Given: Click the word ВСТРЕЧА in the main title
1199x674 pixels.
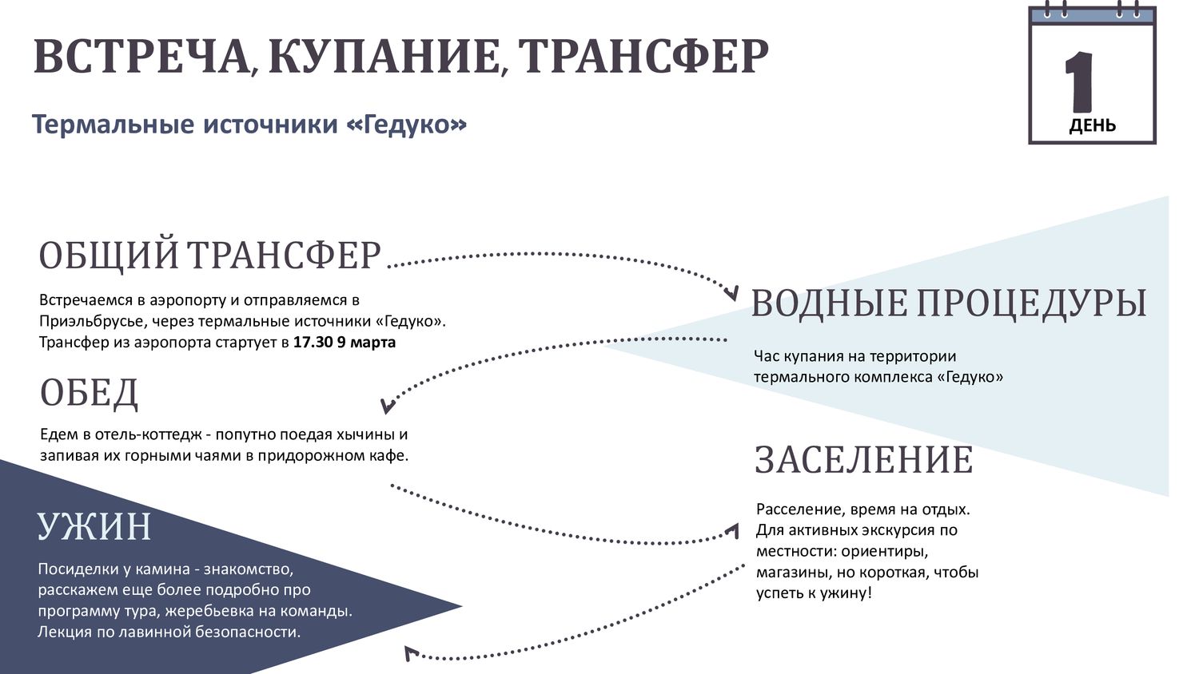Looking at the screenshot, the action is coord(140,56).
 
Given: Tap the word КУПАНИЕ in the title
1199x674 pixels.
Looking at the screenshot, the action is coord(384,56).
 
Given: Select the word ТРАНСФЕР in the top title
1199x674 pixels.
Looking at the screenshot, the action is coord(643,56).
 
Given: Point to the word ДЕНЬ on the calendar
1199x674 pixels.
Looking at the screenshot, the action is coord(1093,125).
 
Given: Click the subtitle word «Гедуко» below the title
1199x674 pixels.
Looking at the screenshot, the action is coord(407,125).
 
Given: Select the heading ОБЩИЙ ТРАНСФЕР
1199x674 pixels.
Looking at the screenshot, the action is coord(209,256).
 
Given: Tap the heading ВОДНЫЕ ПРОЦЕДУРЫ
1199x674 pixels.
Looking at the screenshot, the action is coord(949,303).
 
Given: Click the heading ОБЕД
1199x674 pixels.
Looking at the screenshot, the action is coord(89,393).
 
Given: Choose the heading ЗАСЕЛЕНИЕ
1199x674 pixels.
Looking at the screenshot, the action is coord(864,460).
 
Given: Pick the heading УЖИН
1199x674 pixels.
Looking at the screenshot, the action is coord(94,526).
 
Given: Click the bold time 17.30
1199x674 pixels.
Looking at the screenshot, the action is coord(313,343).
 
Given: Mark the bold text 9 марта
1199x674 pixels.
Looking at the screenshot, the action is coord(366,343).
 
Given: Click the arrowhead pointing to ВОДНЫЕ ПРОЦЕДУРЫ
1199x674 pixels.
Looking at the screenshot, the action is coord(731,293).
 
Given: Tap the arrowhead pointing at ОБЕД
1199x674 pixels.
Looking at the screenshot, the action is coord(388,406).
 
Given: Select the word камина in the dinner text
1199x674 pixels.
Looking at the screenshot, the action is coord(163,569).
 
